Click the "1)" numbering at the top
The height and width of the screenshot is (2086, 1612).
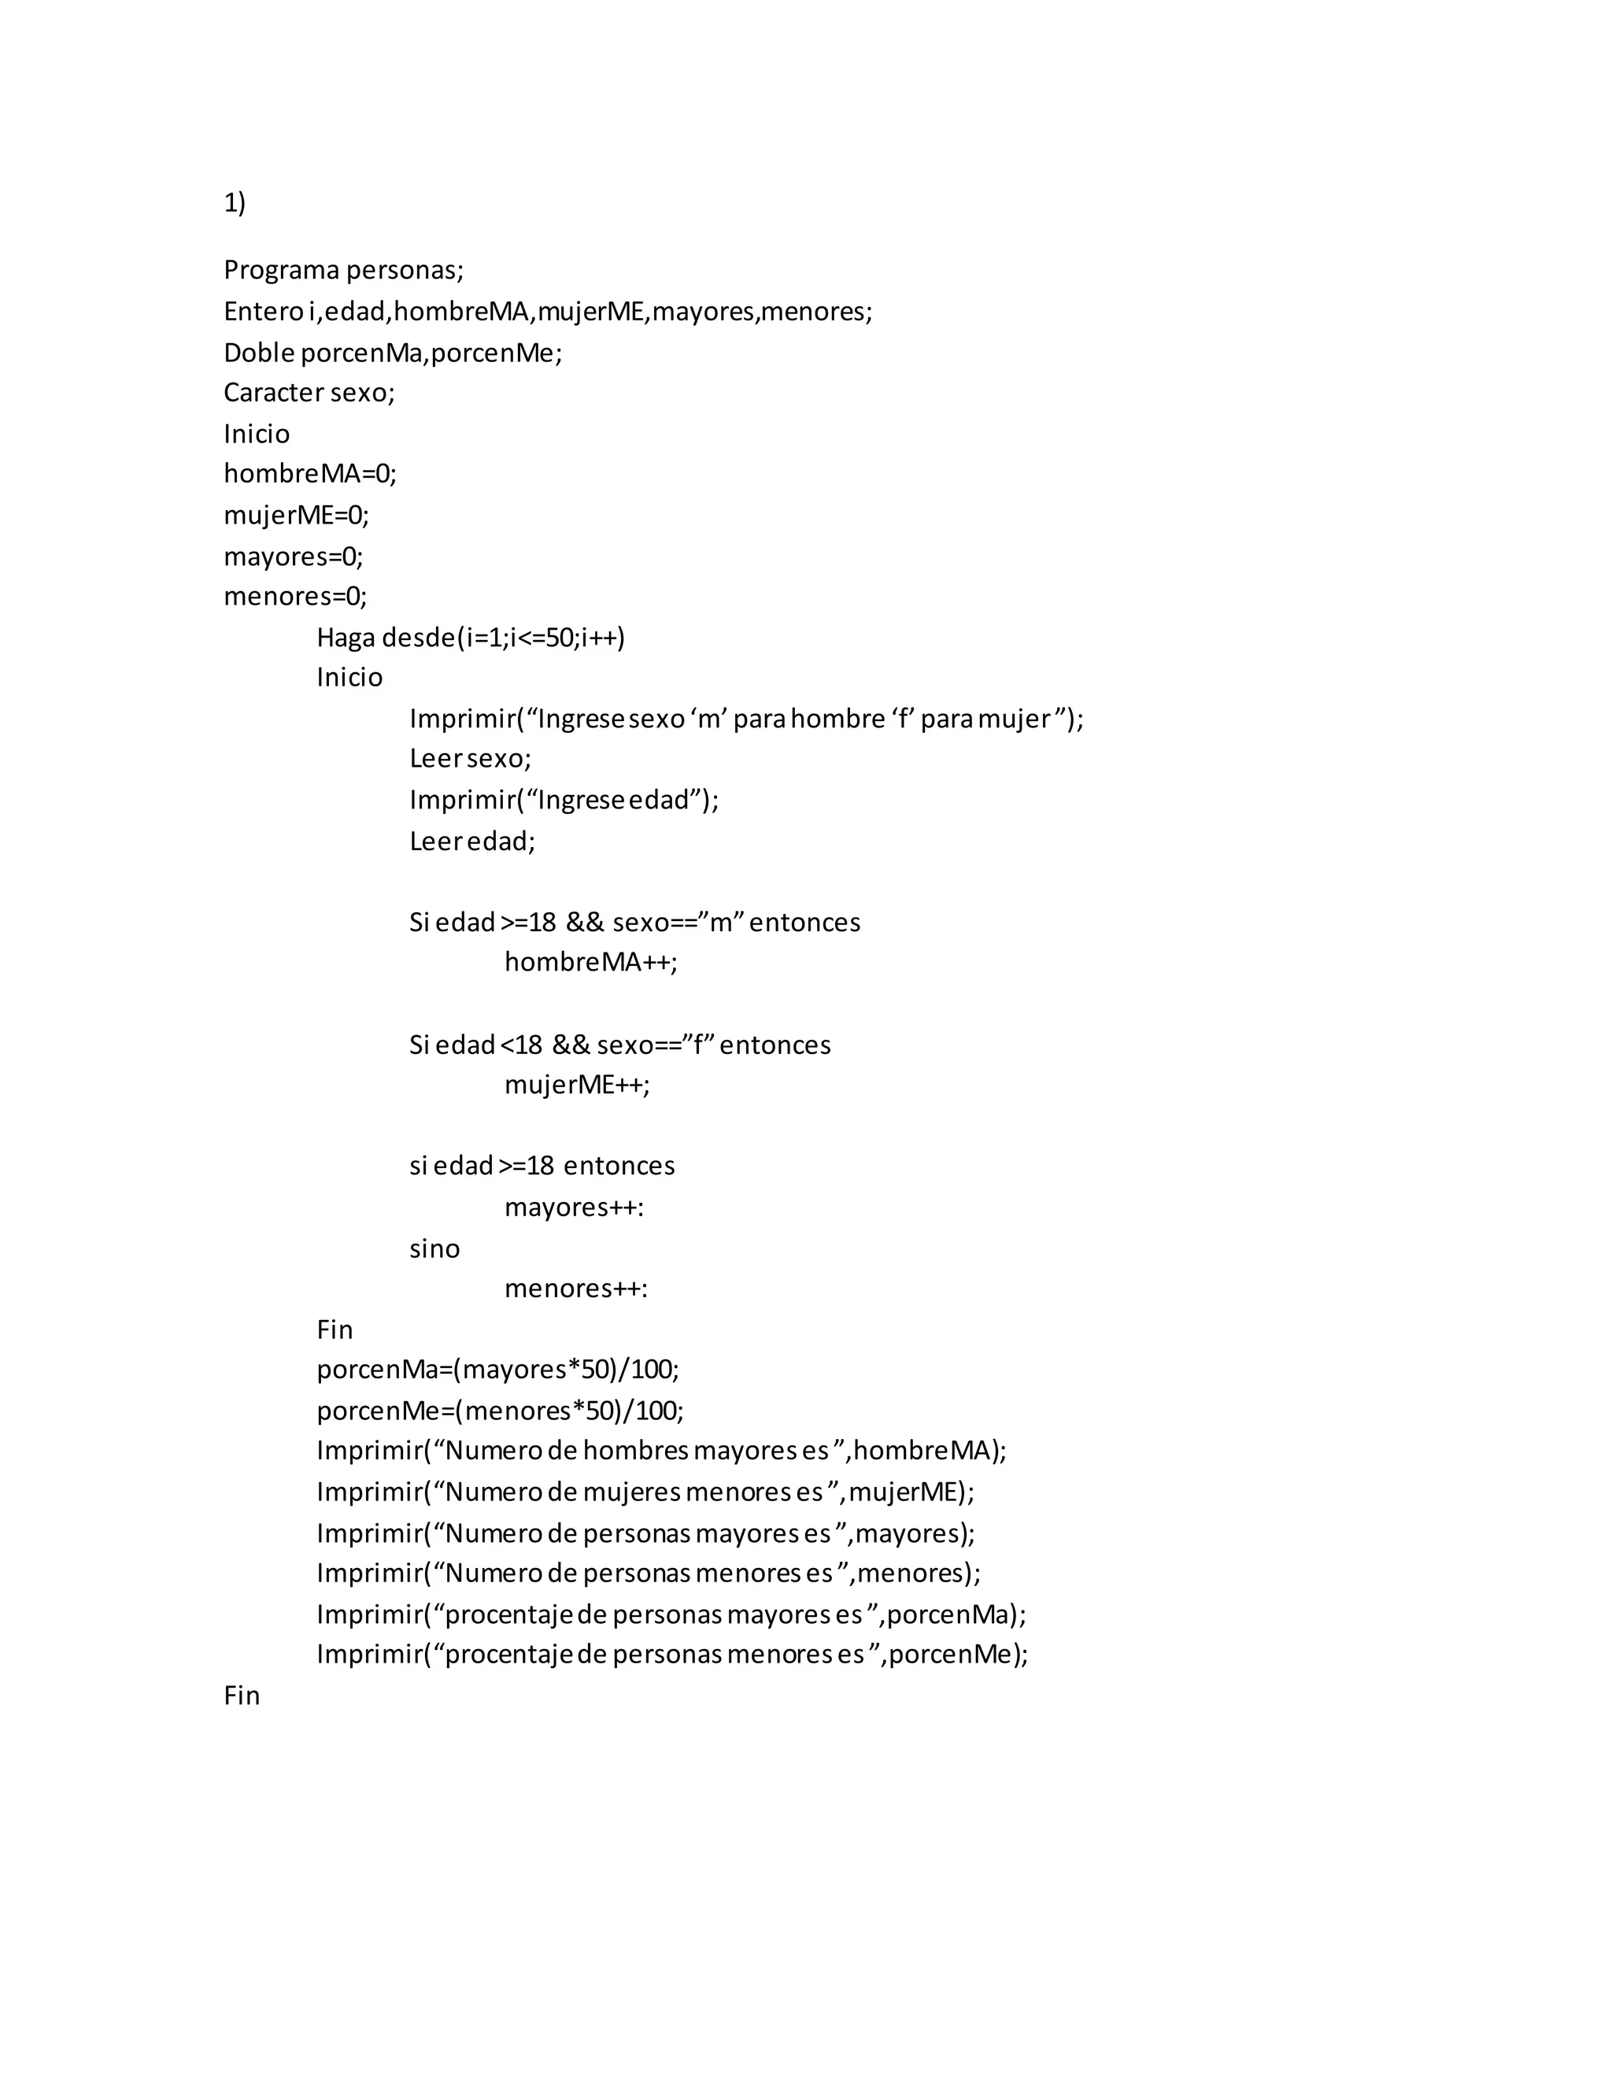(234, 202)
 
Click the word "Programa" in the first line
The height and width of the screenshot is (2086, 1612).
(281, 270)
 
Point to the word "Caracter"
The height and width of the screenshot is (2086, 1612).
(272, 393)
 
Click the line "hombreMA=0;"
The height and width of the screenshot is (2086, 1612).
(309, 474)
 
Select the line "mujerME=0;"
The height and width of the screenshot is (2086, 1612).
(296, 515)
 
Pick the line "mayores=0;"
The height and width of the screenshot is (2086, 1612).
(293, 556)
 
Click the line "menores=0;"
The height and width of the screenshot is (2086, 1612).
(295, 597)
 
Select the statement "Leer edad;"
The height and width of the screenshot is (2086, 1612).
(471, 841)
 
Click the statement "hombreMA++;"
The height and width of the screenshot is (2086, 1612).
(590, 962)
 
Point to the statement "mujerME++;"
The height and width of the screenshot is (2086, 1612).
(577, 1084)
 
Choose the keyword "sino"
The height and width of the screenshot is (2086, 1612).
(434, 1248)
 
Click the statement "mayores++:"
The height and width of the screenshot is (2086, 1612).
(574, 1208)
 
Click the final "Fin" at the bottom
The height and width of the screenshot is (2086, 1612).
(242, 1696)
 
